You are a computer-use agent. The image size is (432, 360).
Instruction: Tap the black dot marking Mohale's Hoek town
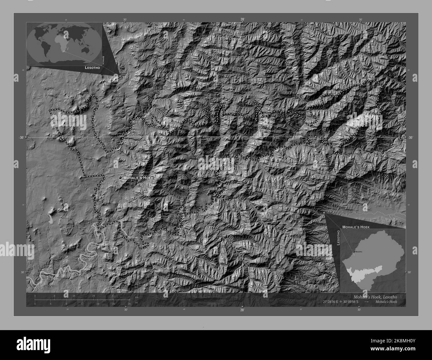tap(120, 178)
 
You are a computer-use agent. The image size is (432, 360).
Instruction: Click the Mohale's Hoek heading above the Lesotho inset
tap(356, 226)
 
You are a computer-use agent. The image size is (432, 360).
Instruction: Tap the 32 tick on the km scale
tap(113, 296)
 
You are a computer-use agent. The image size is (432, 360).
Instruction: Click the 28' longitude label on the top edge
tap(243, 20)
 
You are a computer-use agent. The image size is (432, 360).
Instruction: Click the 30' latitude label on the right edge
tap(410, 137)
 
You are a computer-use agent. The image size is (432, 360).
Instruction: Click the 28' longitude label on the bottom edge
tap(242, 310)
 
